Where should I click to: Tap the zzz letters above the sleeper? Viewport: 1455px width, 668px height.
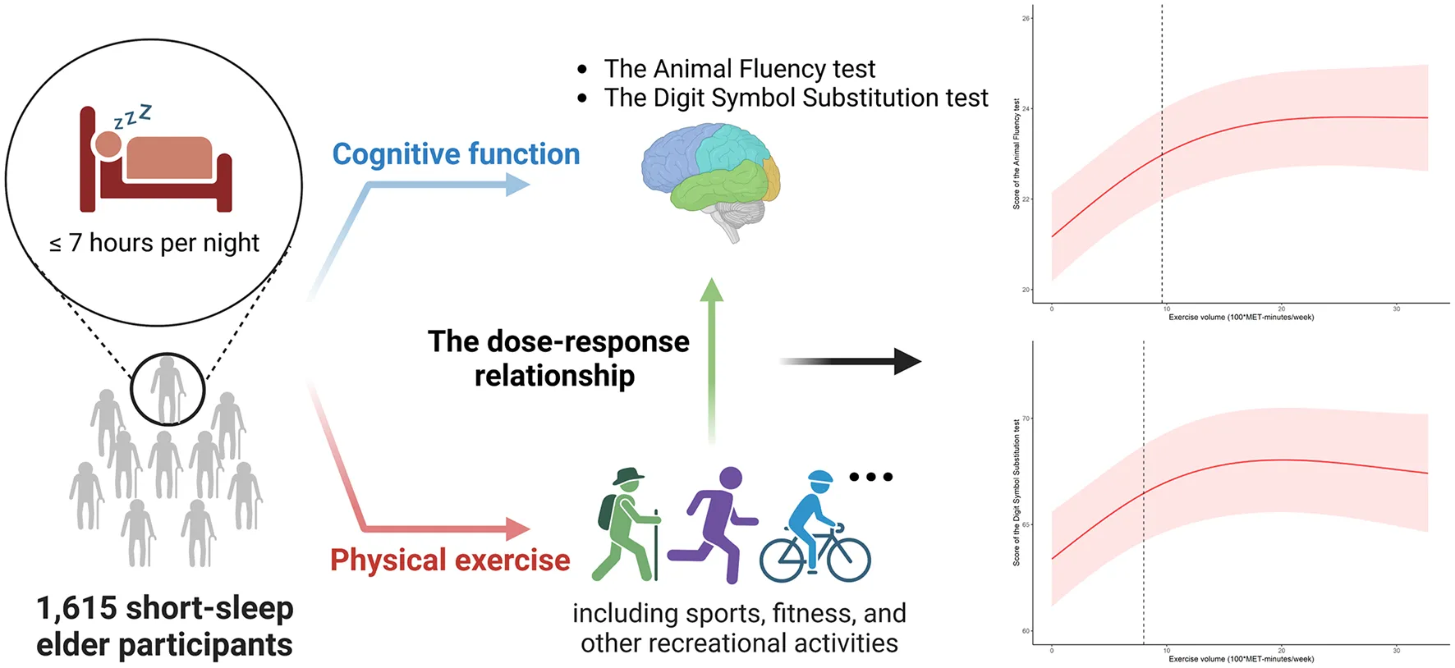tap(133, 117)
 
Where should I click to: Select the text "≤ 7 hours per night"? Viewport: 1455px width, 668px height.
tap(154, 243)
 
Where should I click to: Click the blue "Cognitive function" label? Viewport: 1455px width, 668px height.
tap(456, 154)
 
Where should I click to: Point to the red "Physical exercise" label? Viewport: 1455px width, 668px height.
tap(450, 560)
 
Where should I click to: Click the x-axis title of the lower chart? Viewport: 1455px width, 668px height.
tap(1241, 659)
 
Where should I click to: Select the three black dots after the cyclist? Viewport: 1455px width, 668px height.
tap(870, 477)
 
